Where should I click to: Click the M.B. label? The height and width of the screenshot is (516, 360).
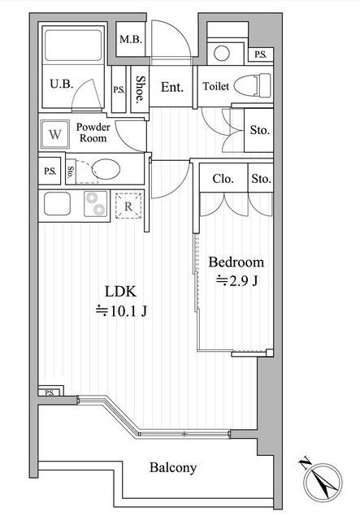(131, 40)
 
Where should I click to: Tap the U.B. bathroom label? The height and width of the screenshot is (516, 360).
(61, 84)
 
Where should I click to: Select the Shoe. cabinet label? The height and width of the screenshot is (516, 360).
(141, 89)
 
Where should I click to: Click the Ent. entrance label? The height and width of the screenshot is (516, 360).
(171, 87)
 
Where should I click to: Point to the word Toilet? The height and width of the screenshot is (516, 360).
(216, 86)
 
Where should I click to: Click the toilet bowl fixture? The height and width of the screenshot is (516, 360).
(253, 85)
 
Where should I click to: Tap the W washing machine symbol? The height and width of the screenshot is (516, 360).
(55, 134)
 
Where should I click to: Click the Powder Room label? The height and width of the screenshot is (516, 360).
(93, 132)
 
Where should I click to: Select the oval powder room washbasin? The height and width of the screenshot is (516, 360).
(106, 169)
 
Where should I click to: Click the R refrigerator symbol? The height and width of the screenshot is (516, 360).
(128, 206)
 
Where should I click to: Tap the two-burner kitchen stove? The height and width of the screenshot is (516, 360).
(95, 204)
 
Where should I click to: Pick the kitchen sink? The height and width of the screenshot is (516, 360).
(57, 204)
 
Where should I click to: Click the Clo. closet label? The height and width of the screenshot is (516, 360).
(223, 179)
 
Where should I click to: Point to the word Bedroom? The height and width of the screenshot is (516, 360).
(236, 262)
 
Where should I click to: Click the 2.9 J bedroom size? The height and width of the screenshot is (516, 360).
(237, 280)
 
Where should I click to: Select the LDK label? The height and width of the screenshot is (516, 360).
(120, 292)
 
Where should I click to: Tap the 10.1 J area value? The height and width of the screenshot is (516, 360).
(121, 310)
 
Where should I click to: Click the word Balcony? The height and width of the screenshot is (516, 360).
(173, 467)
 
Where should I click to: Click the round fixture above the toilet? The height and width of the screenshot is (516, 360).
(222, 53)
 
